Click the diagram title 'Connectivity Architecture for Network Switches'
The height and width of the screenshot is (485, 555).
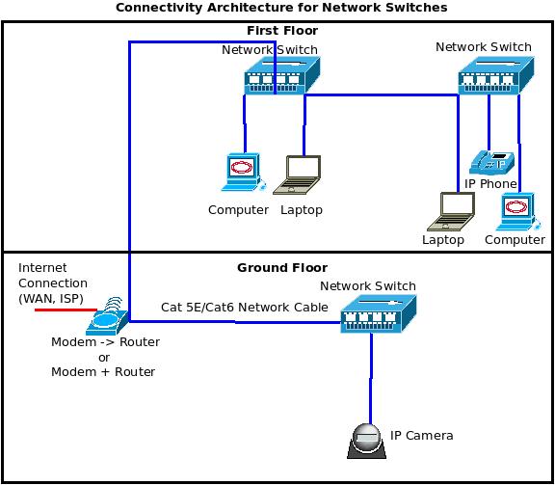[280, 8]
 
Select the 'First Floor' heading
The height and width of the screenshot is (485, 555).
[281, 31]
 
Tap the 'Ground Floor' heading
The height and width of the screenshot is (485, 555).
[281, 267]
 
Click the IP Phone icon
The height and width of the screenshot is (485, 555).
[491, 161]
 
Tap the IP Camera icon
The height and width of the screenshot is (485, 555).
[368, 440]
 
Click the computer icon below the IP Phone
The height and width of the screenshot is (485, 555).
[514, 211]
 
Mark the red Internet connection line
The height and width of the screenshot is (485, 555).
[58, 311]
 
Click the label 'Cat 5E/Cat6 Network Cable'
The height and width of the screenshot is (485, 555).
[244, 307]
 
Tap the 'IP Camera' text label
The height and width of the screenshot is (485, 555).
[421, 436]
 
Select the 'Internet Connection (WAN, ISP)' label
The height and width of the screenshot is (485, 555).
[52, 283]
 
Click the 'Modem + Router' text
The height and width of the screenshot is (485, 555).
[103, 371]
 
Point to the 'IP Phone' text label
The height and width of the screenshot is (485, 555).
[490, 183]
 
